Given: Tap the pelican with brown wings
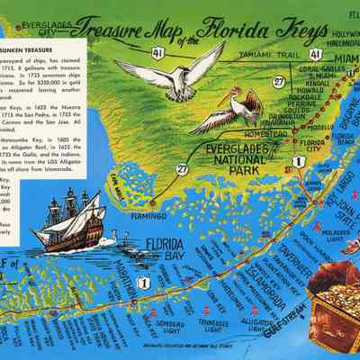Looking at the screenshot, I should pyautogui.click(x=238, y=112).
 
